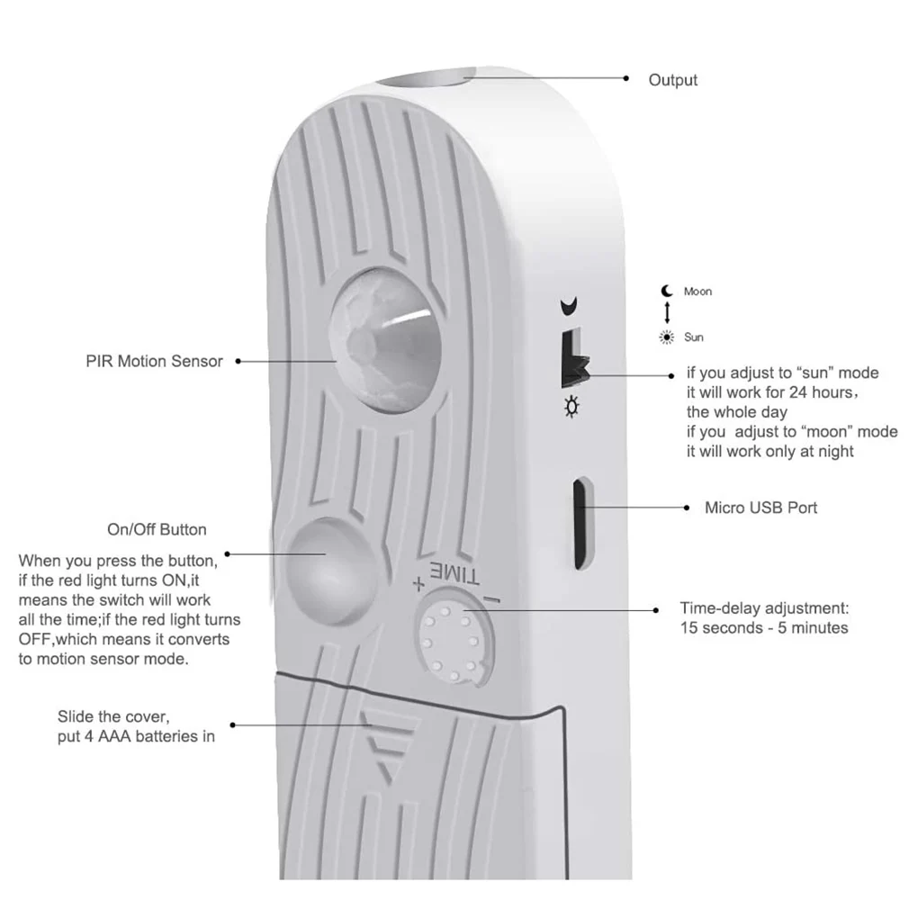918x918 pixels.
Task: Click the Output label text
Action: (x=672, y=80)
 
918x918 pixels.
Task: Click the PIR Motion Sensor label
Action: (x=154, y=361)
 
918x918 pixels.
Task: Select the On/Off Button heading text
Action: (x=157, y=529)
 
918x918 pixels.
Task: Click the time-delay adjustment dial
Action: (x=455, y=635)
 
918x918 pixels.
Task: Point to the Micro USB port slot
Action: (x=582, y=523)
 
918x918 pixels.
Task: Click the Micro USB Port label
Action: (x=760, y=508)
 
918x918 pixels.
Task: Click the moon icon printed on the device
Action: (x=567, y=307)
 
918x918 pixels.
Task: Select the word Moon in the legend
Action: (x=697, y=292)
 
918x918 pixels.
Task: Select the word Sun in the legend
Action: (x=694, y=337)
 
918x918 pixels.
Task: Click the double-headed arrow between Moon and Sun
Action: (x=667, y=313)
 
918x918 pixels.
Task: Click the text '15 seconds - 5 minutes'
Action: (x=764, y=628)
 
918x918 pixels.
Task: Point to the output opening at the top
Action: (x=423, y=76)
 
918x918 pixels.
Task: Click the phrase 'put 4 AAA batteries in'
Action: (x=135, y=736)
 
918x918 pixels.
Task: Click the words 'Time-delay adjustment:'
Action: (x=764, y=608)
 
